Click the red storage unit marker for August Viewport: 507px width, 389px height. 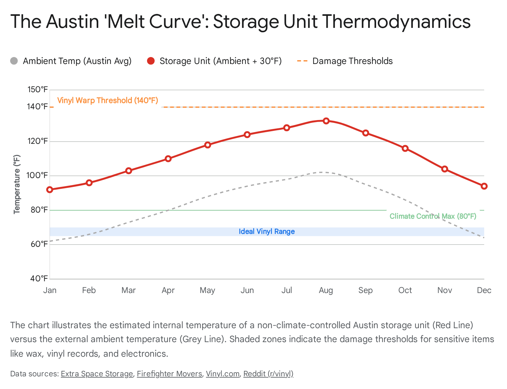tap(326, 121)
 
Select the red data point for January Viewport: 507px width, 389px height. tap(50, 190)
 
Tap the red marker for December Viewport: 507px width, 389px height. tap(484, 186)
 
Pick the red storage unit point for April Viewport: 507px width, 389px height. tap(168, 159)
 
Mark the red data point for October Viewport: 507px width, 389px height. tap(405, 149)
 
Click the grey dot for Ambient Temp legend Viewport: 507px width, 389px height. tap(14, 61)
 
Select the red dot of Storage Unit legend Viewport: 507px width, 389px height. tap(151, 61)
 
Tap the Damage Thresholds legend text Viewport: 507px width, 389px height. tap(352, 61)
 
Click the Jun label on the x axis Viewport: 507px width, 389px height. tap(247, 290)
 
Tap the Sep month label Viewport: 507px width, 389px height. tap(365, 290)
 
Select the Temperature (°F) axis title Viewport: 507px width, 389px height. tap(17, 184)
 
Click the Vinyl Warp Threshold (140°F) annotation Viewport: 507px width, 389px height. tap(107, 100)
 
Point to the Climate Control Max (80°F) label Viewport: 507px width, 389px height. tap(433, 216)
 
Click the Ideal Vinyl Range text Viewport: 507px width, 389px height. tap(266, 232)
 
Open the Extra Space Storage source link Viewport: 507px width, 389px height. tap(97, 374)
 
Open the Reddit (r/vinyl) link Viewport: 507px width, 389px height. tap(268, 374)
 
